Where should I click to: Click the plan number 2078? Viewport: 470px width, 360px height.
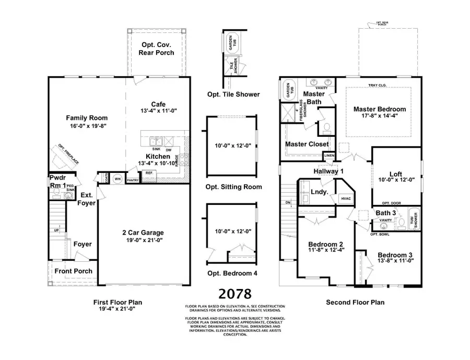click(235, 294)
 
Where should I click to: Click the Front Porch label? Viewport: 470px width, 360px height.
click(75, 271)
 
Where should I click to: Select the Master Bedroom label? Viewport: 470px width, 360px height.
click(379, 109)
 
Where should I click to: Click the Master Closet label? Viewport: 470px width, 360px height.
click(307, 144)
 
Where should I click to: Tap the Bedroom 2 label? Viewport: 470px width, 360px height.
click(326, 244)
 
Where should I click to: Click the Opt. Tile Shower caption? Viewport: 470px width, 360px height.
click(233, 95)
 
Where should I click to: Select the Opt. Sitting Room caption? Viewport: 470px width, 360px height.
click(234, 187)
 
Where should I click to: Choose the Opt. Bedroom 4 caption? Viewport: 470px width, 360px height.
click(233, 273)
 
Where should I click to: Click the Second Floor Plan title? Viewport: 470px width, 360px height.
click(355, 302)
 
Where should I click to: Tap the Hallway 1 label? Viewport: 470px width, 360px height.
click(328, 171)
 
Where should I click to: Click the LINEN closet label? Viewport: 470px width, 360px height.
click(328, 156)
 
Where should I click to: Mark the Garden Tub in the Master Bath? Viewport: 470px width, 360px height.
click(287, 90)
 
